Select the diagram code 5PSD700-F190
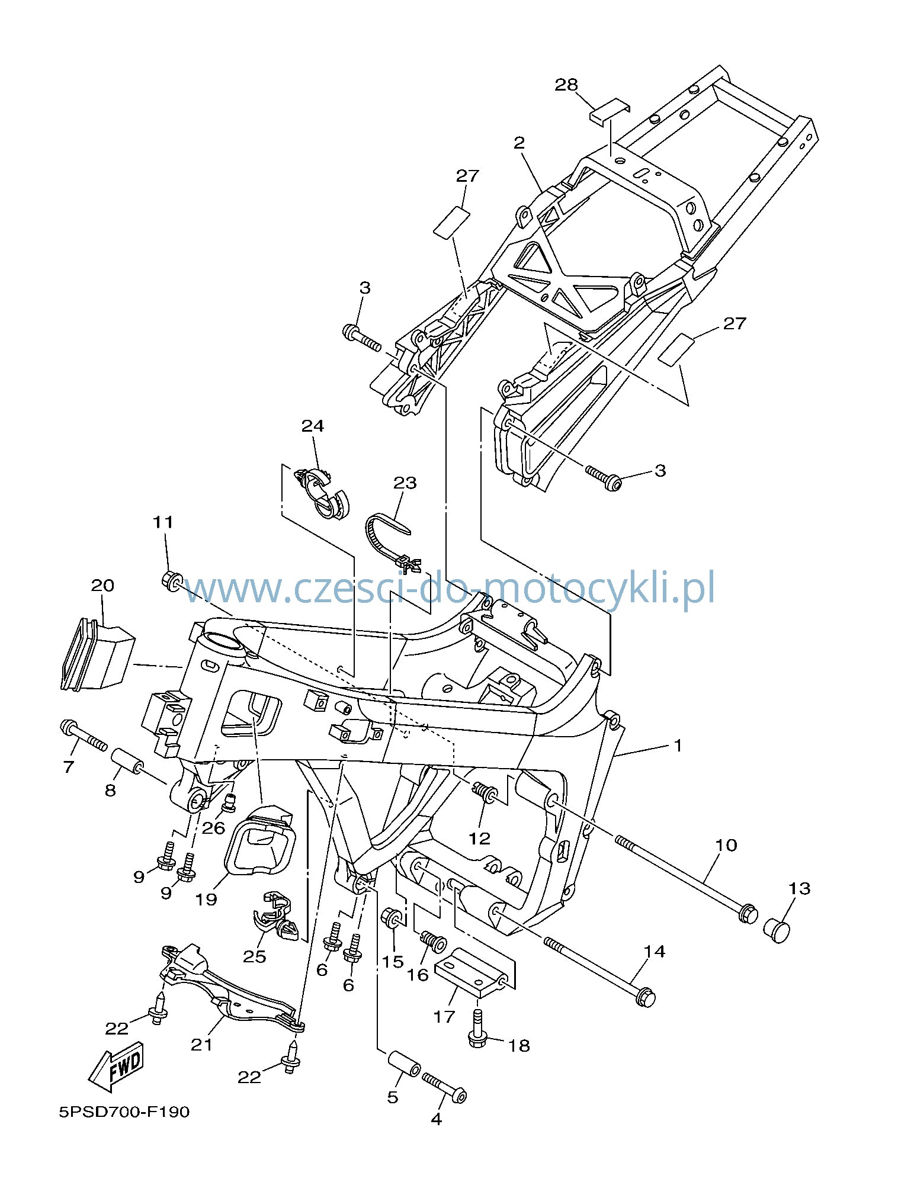124,1112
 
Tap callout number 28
566,85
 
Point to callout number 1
678,746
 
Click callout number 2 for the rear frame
519,143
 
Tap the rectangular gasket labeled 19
259,840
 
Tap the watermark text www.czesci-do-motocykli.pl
449,588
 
